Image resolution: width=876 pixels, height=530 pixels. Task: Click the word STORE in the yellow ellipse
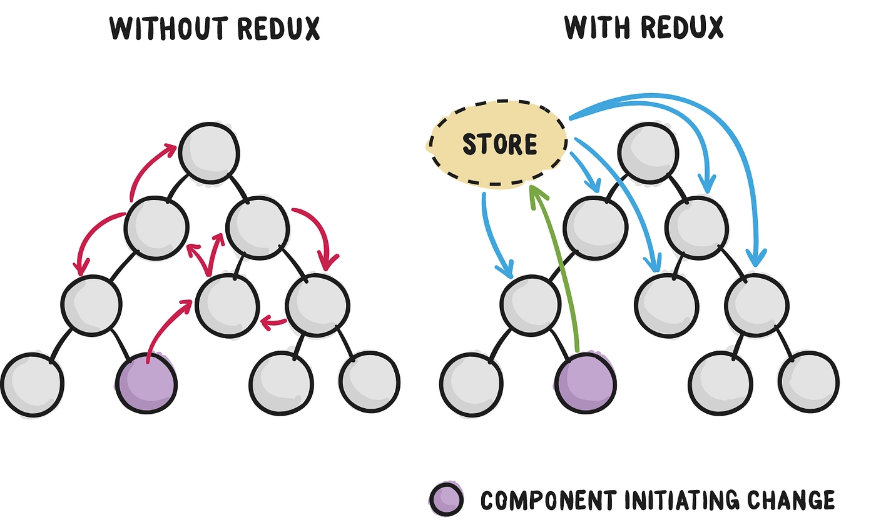point(499,144)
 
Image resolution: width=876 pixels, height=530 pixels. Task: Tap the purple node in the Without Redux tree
point(146,382)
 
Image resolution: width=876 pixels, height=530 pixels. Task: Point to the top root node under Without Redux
point(209,153)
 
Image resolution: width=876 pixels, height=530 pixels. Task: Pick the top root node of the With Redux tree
point(648,153)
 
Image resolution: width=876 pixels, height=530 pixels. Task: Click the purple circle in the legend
point(446,499)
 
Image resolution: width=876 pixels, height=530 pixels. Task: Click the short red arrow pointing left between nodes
point(273,323)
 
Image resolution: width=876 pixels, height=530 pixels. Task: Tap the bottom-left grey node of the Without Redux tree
point(32,382)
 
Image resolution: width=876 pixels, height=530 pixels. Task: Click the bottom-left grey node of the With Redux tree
point(471,382)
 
